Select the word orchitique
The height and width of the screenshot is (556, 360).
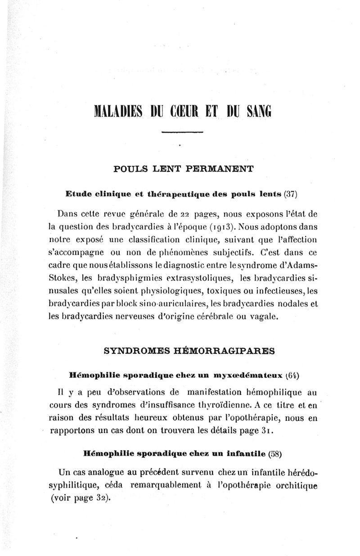[x=294, y=485]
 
